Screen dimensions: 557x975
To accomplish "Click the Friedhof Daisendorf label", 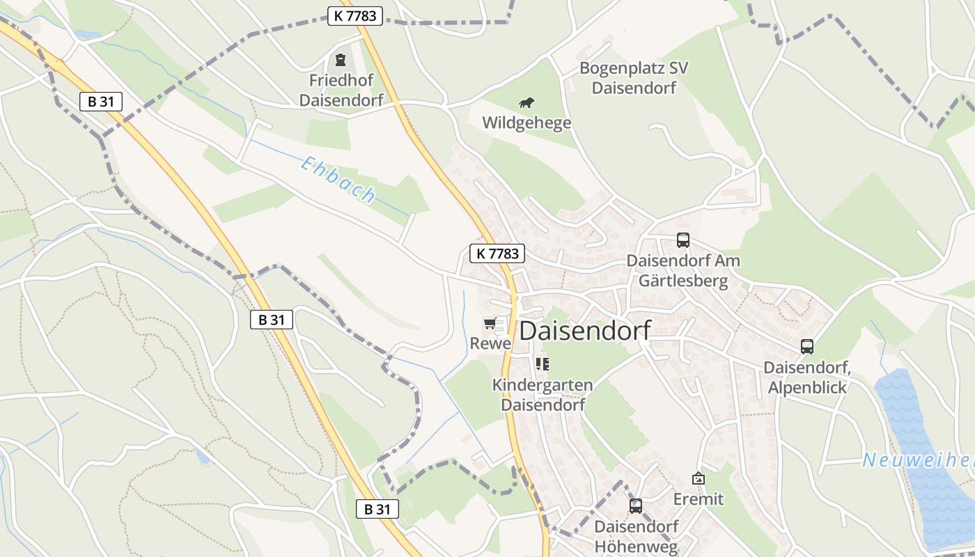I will click(341, 91).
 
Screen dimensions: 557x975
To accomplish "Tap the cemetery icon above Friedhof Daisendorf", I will click(341, 60).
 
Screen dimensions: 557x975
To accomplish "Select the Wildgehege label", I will click(526, 123).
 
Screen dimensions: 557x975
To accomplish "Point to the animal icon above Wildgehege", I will click(526, 103).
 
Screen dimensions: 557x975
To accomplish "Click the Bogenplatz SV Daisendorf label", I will click(633, 78).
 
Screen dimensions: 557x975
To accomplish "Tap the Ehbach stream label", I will click(338, 179).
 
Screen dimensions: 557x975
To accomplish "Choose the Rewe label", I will click(490, 343).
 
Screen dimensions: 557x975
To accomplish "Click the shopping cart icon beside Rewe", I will click(490, 323).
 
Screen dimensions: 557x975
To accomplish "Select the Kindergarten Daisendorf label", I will click(543, 394).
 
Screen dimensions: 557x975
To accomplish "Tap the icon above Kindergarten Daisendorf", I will click(543, 363).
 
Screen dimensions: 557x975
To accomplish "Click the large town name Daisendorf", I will click(585, 331).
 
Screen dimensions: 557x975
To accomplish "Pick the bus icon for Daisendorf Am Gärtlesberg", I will click(683, 240).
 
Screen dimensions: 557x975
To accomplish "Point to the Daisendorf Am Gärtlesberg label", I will click(683, 271).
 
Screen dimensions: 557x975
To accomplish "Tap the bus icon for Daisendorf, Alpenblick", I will click(807, 346).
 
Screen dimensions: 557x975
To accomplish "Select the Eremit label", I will click(699, 499).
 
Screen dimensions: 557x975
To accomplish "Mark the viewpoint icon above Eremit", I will click(699, 478).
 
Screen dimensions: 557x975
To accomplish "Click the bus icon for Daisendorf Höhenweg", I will click(636, 506).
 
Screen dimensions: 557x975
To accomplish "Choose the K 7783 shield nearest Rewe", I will click(497, 253).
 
